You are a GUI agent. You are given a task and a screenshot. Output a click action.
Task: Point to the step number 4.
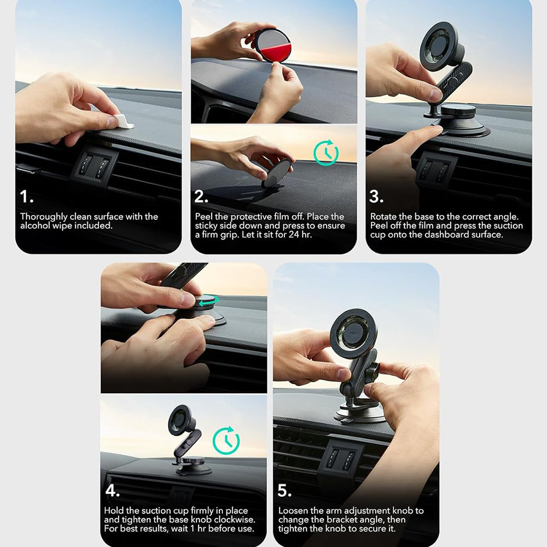(x=112, y=490)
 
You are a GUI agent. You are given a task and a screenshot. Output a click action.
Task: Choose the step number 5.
(x=284, y=490)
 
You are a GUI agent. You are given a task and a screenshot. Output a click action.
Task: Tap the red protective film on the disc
(x=275, y=53)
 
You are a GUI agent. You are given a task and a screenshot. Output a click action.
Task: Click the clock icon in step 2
(x=326, y=153)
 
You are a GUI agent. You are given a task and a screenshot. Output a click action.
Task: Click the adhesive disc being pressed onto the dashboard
(x=278, y=173)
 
